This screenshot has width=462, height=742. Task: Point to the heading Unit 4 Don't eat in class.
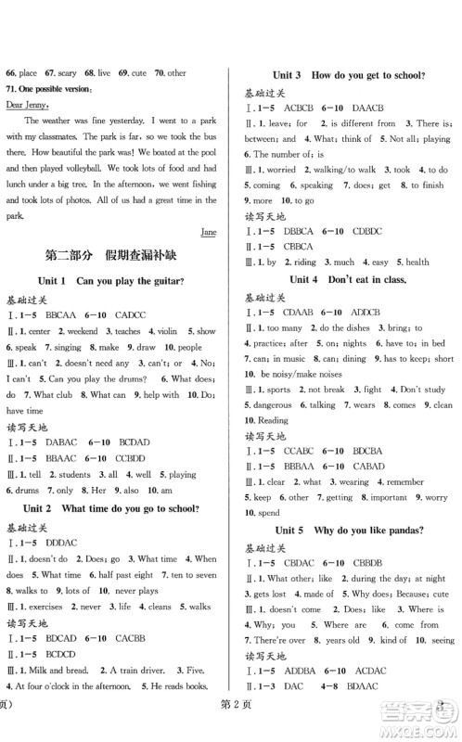tap(348, 279)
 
